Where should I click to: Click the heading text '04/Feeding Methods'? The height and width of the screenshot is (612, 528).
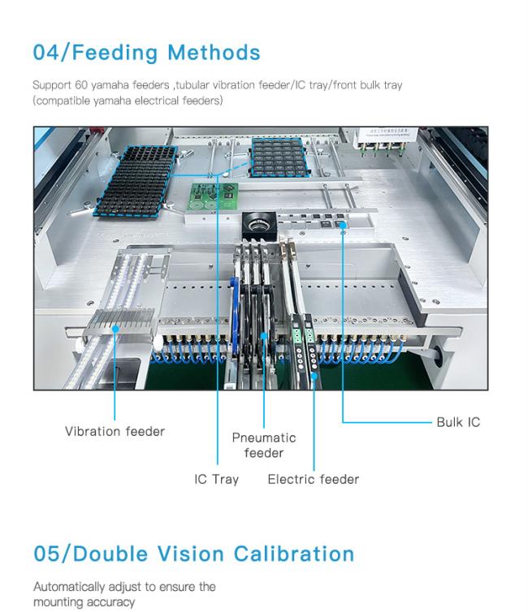click(x=146, y=53)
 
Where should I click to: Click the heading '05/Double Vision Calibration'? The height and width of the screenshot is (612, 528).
click(x=193, y=554)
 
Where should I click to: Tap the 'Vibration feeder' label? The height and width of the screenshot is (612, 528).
click(x=115, y=431)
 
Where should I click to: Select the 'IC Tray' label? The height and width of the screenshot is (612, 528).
click(x=216, y=479)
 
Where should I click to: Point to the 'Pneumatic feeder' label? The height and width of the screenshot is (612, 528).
click(x=264, y=445)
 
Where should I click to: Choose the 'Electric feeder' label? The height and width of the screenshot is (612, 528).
click(x=313, y=479)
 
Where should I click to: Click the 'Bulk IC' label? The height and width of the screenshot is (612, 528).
click(x=457, y=422)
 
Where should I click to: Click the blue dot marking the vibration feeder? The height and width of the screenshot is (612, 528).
click(x=115, y=328)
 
